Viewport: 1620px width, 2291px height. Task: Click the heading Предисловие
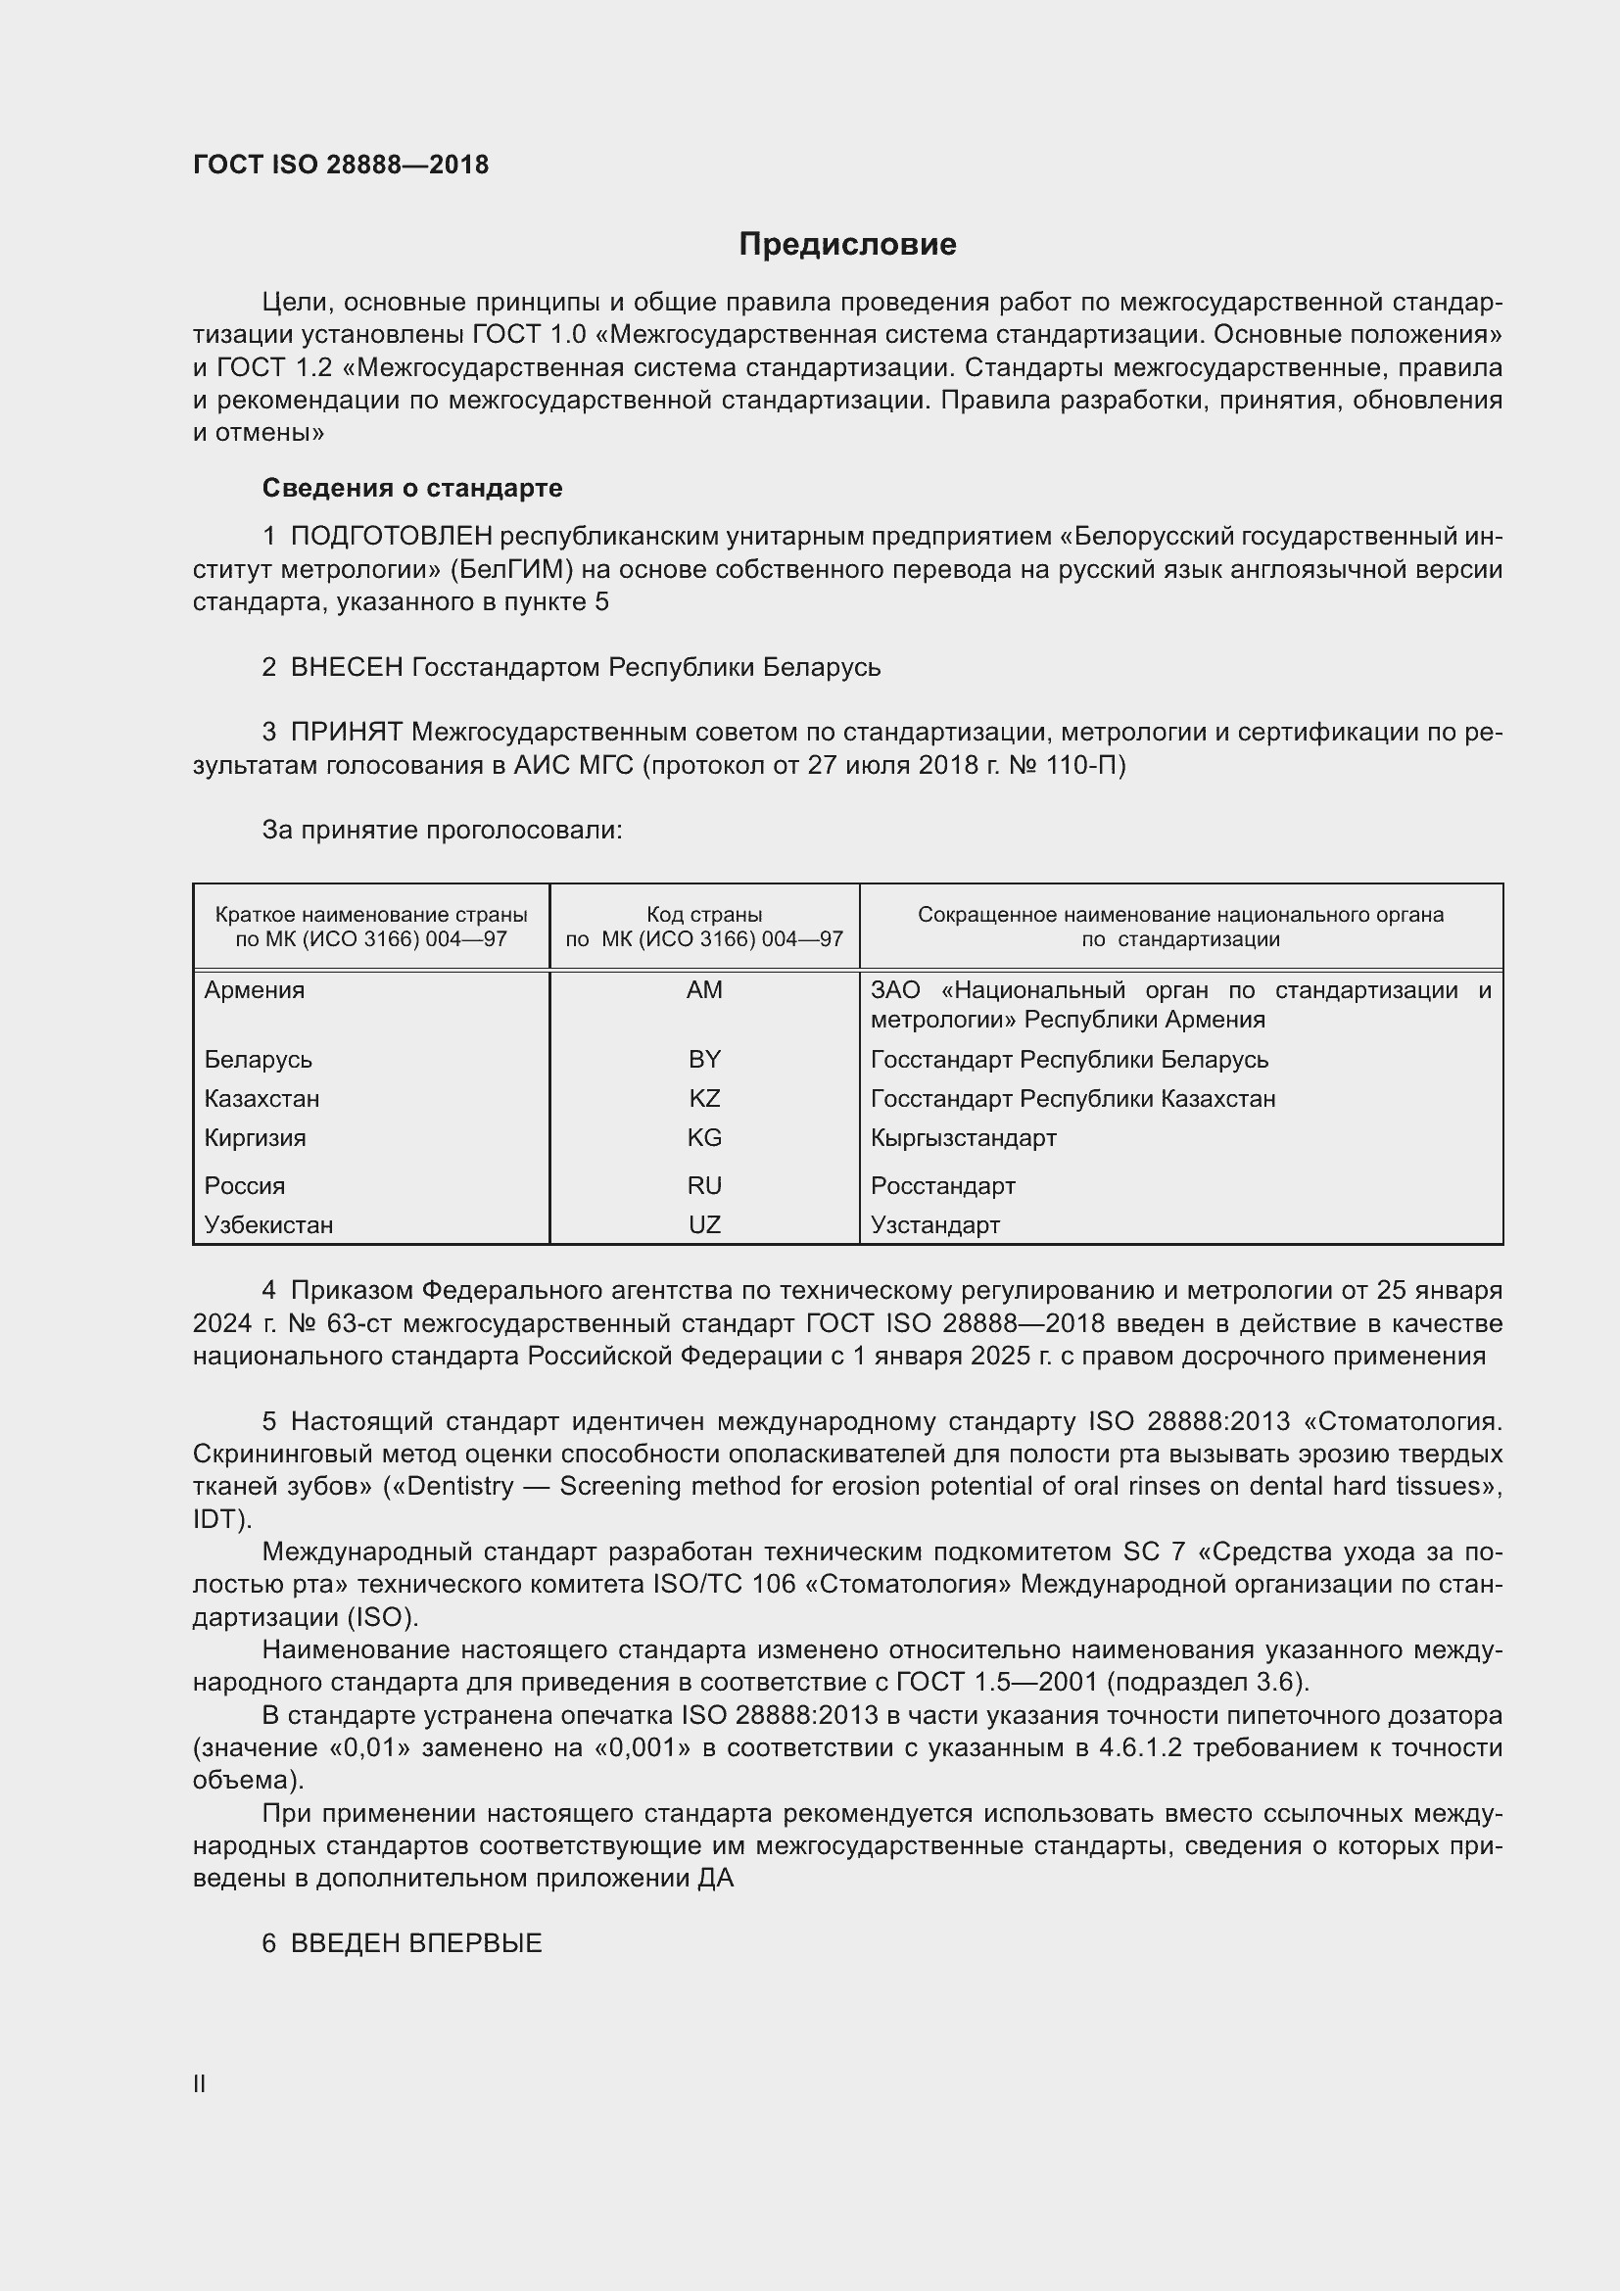[847, 245]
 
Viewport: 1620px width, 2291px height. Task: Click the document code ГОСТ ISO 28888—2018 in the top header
[340, 165]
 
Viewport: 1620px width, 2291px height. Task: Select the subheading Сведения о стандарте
[412, 488]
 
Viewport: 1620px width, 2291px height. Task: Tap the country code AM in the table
[704, 990]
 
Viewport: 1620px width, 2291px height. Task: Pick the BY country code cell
[704, 1059]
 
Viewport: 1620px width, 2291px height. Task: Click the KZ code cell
[704, 1099]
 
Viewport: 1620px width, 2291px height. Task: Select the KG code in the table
[704, 1137]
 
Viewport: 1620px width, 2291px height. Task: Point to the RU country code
[704, 1185]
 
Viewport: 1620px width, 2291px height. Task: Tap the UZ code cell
[704, 1224]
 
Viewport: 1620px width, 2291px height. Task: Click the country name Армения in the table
[255, 990]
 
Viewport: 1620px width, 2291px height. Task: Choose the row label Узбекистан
[268, 1224]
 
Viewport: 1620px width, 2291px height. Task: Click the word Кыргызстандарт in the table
[963, 1137]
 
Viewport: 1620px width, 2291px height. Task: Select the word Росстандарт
[942, 1185]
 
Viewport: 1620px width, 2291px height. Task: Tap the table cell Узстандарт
[934, 1224]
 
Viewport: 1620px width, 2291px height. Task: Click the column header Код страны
[704, 914]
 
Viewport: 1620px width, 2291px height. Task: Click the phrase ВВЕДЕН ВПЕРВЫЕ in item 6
[416, 1942]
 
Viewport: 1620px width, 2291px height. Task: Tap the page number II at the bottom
[200, 2083]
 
